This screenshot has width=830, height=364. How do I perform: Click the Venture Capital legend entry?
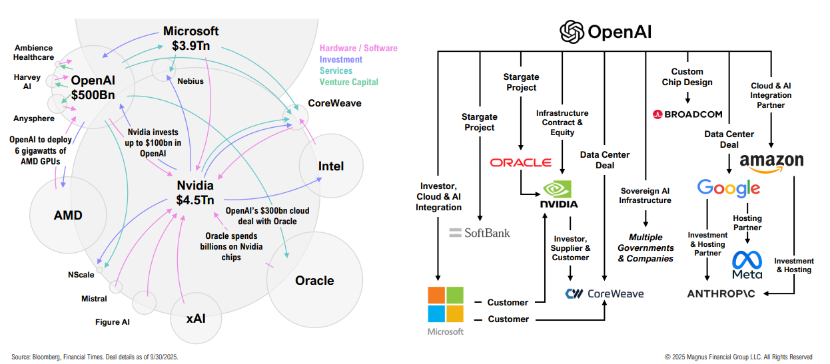coord(348,82)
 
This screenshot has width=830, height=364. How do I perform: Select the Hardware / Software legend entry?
coord(358,48)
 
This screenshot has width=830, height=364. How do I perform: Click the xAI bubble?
coord(196,318)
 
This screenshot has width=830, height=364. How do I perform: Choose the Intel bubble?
coord(331,166)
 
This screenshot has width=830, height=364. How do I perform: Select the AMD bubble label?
coord(69,214)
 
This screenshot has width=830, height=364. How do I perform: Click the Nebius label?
coord(191,81)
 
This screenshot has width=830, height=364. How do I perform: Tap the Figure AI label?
coord(113,322)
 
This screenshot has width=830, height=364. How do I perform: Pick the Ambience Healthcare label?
coord(34,53)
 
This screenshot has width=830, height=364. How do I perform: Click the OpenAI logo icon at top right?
coord(572,31)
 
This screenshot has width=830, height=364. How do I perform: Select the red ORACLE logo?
coord(520,162)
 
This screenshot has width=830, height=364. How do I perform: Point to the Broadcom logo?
coord(687,114)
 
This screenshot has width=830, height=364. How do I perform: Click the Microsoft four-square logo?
coord(445,304)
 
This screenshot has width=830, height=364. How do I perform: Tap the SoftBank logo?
coord(479,232)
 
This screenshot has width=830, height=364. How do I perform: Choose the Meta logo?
coord(747,265)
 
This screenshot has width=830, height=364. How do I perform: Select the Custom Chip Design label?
coord(687,77)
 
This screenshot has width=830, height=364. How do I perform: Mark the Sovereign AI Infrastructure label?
coord(645,196)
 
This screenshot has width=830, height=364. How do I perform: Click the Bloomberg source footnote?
coord(95,357)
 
